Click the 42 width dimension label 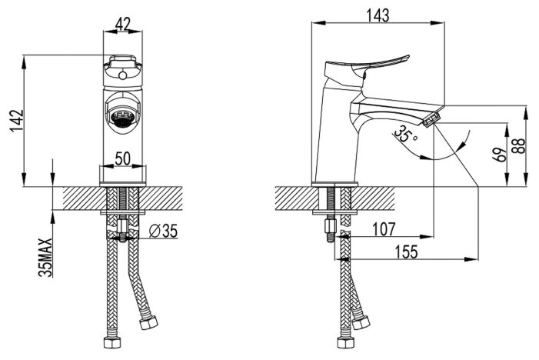[123, 24]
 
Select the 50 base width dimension [123, 158]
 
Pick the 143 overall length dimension [378, 15]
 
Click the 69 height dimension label [501, 155]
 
